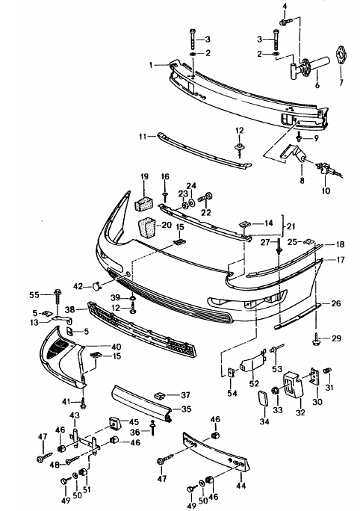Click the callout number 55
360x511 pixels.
click(34, 295)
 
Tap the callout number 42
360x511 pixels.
click(78, 286)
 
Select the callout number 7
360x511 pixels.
click(341, 83)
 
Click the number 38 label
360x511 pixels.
click(70, 309)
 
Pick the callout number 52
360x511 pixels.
click(254, 383)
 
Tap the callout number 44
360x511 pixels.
click(241, 486)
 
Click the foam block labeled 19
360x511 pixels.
click(144, 202)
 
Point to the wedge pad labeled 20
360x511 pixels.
click(148, 228)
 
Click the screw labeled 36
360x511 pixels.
click(152, 428)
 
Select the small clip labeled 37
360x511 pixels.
click(160, 396)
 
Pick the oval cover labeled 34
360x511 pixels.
click(263, 398)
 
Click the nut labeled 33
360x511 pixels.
click(276, 391)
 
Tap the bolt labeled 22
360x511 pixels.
click(206, 196)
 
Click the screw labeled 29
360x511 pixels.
click(316, 340)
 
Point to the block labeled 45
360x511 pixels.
click(114, 423)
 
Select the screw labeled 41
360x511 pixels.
click(84, 403)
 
